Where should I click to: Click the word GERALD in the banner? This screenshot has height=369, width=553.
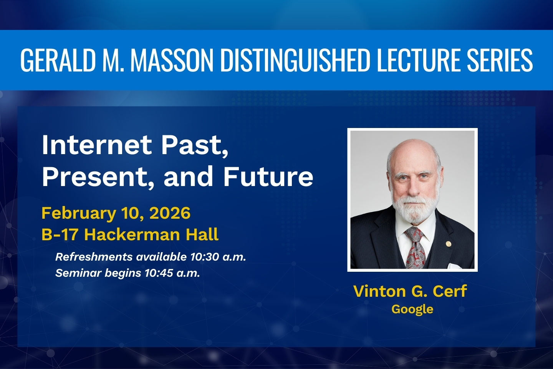(x=58, y=60)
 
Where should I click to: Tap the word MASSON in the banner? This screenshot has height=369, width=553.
(x=172, y=60)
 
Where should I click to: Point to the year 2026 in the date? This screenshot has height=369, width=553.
(x=170, y=213)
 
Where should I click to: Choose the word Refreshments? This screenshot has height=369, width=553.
(x=94, y=257)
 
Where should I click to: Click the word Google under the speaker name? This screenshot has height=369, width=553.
(x=412, y=309)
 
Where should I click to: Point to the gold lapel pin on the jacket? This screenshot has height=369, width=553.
(x=448, y=244)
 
